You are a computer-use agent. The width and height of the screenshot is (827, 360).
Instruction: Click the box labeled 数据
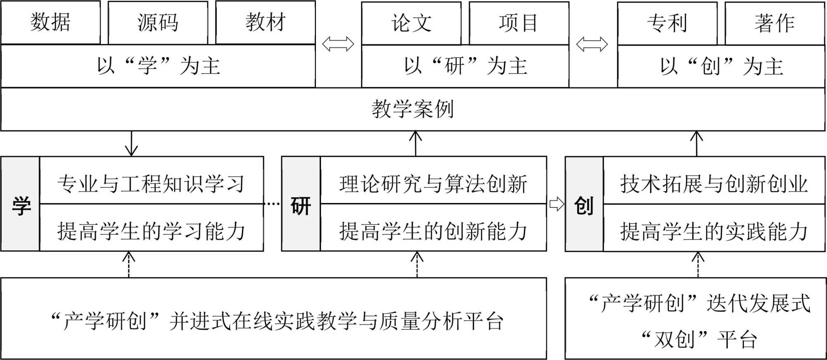tap(50, 22)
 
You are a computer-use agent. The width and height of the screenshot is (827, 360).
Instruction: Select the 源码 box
tap(158, 22)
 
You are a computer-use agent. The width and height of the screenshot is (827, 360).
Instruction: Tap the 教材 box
tap(265, 22)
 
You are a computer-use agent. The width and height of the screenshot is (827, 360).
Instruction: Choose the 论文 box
tap(411, 23)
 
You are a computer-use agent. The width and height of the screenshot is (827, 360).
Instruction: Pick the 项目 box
tap(519, 23)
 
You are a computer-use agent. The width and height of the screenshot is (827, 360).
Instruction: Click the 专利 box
tap(667, 23)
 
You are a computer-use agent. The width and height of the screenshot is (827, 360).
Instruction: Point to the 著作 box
tap(774, 23)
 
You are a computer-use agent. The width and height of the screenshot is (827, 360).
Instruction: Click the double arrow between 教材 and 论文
tap(338, 44)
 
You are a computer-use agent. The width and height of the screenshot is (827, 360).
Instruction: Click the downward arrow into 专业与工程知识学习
tap(131, 144)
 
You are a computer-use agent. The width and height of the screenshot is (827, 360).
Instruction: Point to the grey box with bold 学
tap(21, 204)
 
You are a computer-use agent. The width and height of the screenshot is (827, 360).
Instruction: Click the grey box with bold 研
tap(301, 204)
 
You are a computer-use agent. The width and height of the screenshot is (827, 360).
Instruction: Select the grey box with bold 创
tap(584, 204)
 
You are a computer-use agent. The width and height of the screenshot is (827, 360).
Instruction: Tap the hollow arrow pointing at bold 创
tap(557, 204)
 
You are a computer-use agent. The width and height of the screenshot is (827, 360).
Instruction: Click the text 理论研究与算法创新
tap(433, 184)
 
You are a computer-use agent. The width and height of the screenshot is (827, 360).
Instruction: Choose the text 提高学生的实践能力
tap(714, 231)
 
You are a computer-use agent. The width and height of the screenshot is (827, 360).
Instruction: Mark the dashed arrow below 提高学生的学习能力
tap(129, 265)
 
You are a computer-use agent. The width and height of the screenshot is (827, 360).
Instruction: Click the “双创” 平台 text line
tap(699, 340)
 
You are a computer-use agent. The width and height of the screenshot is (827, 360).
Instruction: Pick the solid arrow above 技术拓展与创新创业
tap(697, 144)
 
